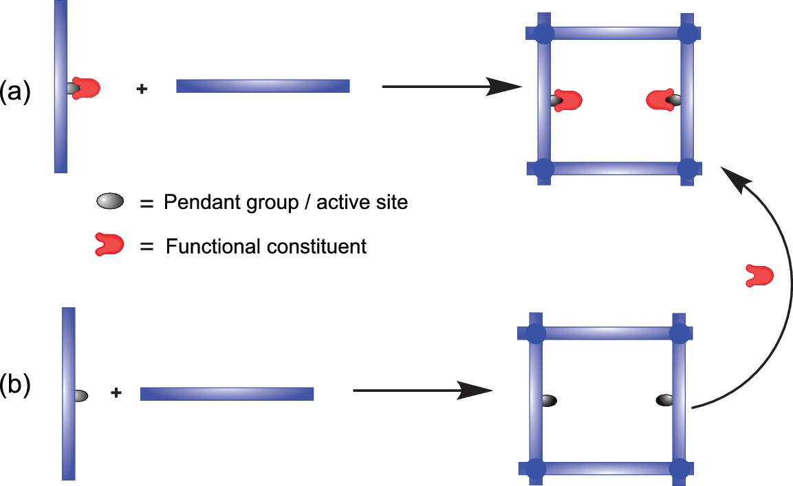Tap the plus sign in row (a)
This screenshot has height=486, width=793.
pos(142,89)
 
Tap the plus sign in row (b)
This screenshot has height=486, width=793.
pos(116,393)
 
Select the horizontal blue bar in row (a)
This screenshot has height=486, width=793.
pos(263,86)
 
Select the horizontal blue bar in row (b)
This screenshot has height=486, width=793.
pos(227,394)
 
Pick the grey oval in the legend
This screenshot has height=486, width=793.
pos(110,202)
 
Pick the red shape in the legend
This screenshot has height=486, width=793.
pos(109,244)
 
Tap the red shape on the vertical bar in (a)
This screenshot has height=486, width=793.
pos(87,88)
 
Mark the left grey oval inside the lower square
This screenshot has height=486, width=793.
pos(549,400)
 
